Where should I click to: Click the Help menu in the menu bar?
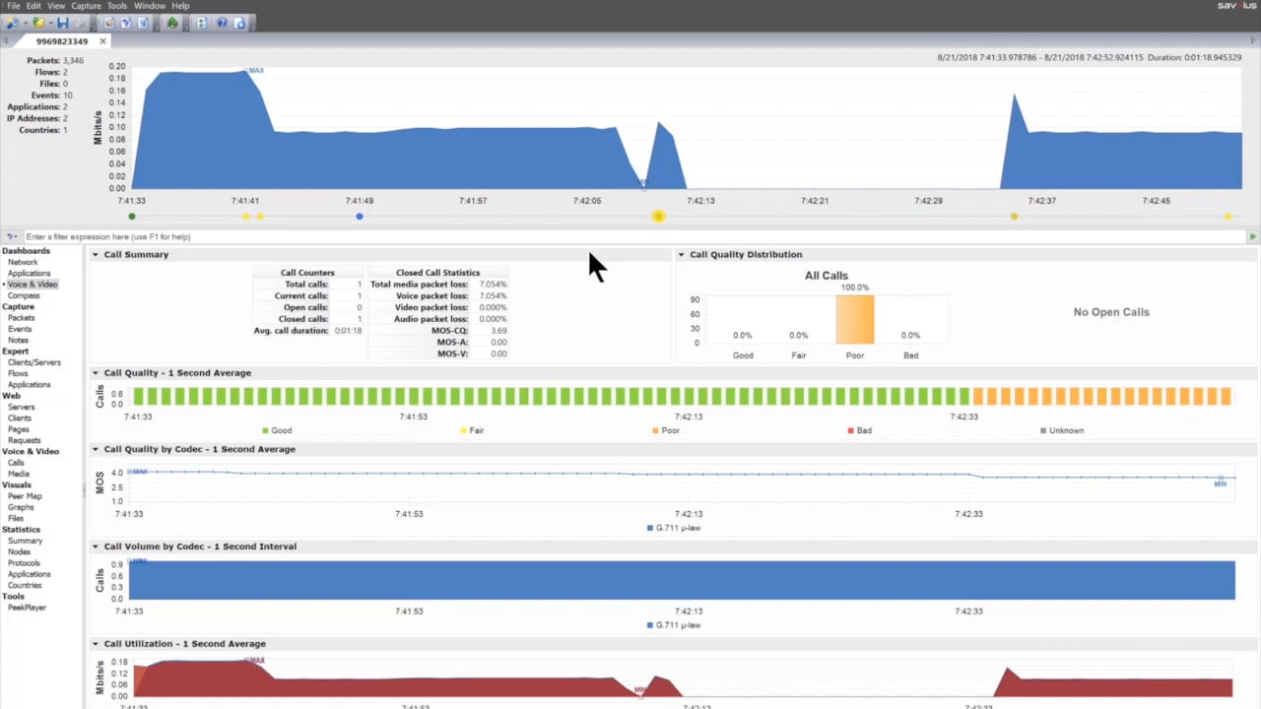(x=180, y=6)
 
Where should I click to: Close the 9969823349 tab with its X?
(x=102, y=41)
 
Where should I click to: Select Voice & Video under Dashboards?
(x=33, y=285)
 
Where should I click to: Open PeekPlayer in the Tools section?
(x=27, y=608)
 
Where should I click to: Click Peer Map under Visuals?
(x=25, y=496)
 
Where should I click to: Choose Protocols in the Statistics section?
(x=24, y=563)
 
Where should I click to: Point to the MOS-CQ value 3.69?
(x=498, y=331)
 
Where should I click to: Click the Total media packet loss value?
(x=493, y=285)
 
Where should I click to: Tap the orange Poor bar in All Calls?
(x=855, y=320)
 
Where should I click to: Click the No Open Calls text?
(x=1111, y=312)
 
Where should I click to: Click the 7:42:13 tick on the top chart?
(x=700, y=201)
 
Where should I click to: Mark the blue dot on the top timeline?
(x=360, y=217)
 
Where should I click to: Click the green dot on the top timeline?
(x=132, y=217)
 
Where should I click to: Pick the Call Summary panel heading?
(x=136, y=255)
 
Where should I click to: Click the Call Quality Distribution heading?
(x=746, y=255)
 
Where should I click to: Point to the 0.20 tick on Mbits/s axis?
(x=116, y=66)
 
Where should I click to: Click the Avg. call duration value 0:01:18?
(x=348, y=331)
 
